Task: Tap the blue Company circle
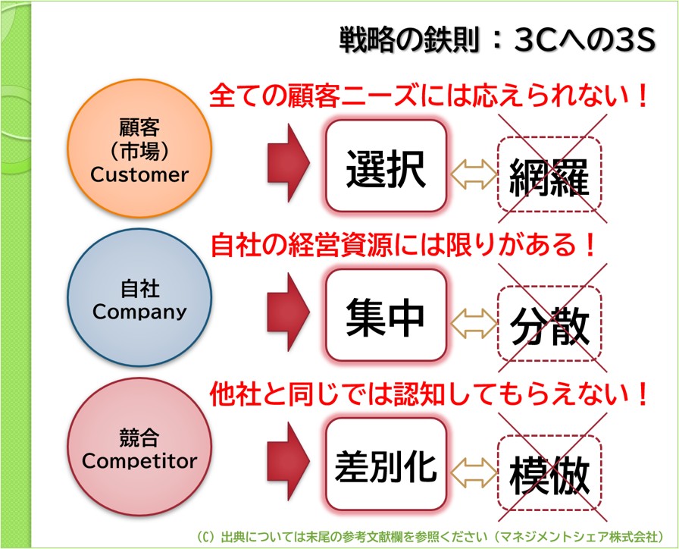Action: (x=139, y=300)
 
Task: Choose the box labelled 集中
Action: (x=386, y=316)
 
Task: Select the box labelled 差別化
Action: (x=386, y=465)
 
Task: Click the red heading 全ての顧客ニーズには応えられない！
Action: (x=429, y=96)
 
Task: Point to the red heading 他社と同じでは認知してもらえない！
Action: (x=429, y=393)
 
